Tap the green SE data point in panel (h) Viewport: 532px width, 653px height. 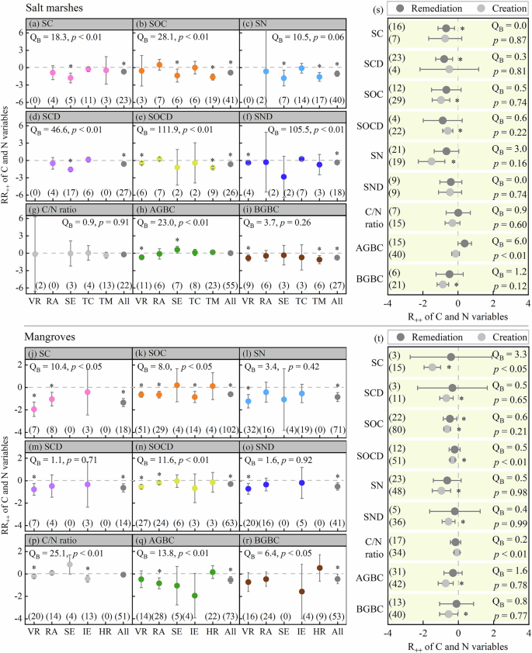177,249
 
